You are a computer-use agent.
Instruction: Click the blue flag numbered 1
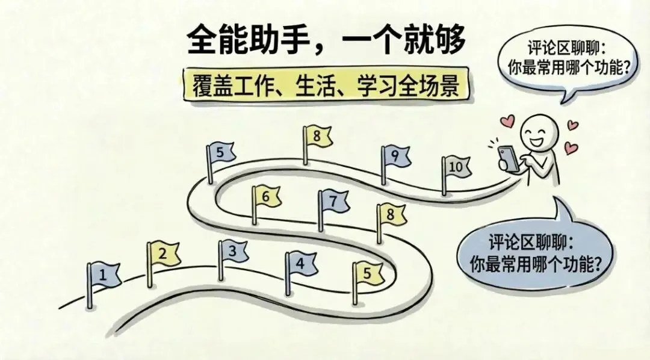(104, 276)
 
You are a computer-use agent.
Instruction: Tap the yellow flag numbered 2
(164, 255)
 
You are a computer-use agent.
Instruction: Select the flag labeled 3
(234, 252)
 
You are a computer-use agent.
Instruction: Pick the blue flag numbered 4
(300, 263)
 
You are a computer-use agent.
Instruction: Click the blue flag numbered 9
(395, 156)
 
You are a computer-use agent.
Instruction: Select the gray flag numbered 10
(456, 167)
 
